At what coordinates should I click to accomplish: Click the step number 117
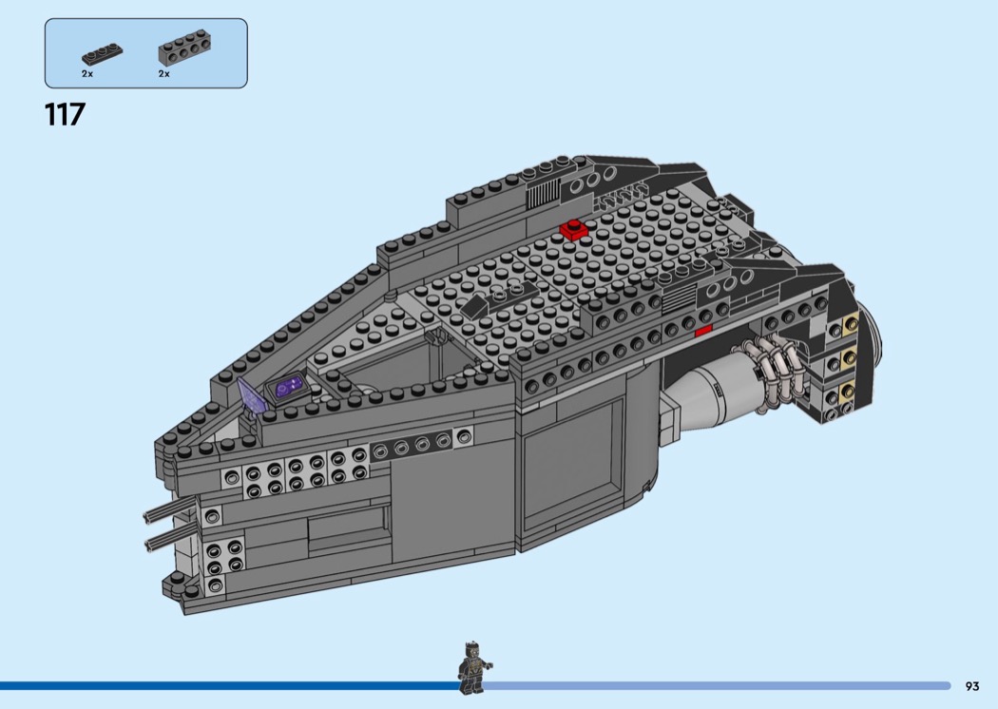65,115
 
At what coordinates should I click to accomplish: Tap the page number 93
971,686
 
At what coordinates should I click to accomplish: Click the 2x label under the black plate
87,73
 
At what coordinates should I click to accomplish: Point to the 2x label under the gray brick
163,73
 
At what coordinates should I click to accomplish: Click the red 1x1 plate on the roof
572,229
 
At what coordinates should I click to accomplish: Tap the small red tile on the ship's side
702,331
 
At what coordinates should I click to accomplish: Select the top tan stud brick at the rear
847,327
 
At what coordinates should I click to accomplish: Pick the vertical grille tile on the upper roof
542,196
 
